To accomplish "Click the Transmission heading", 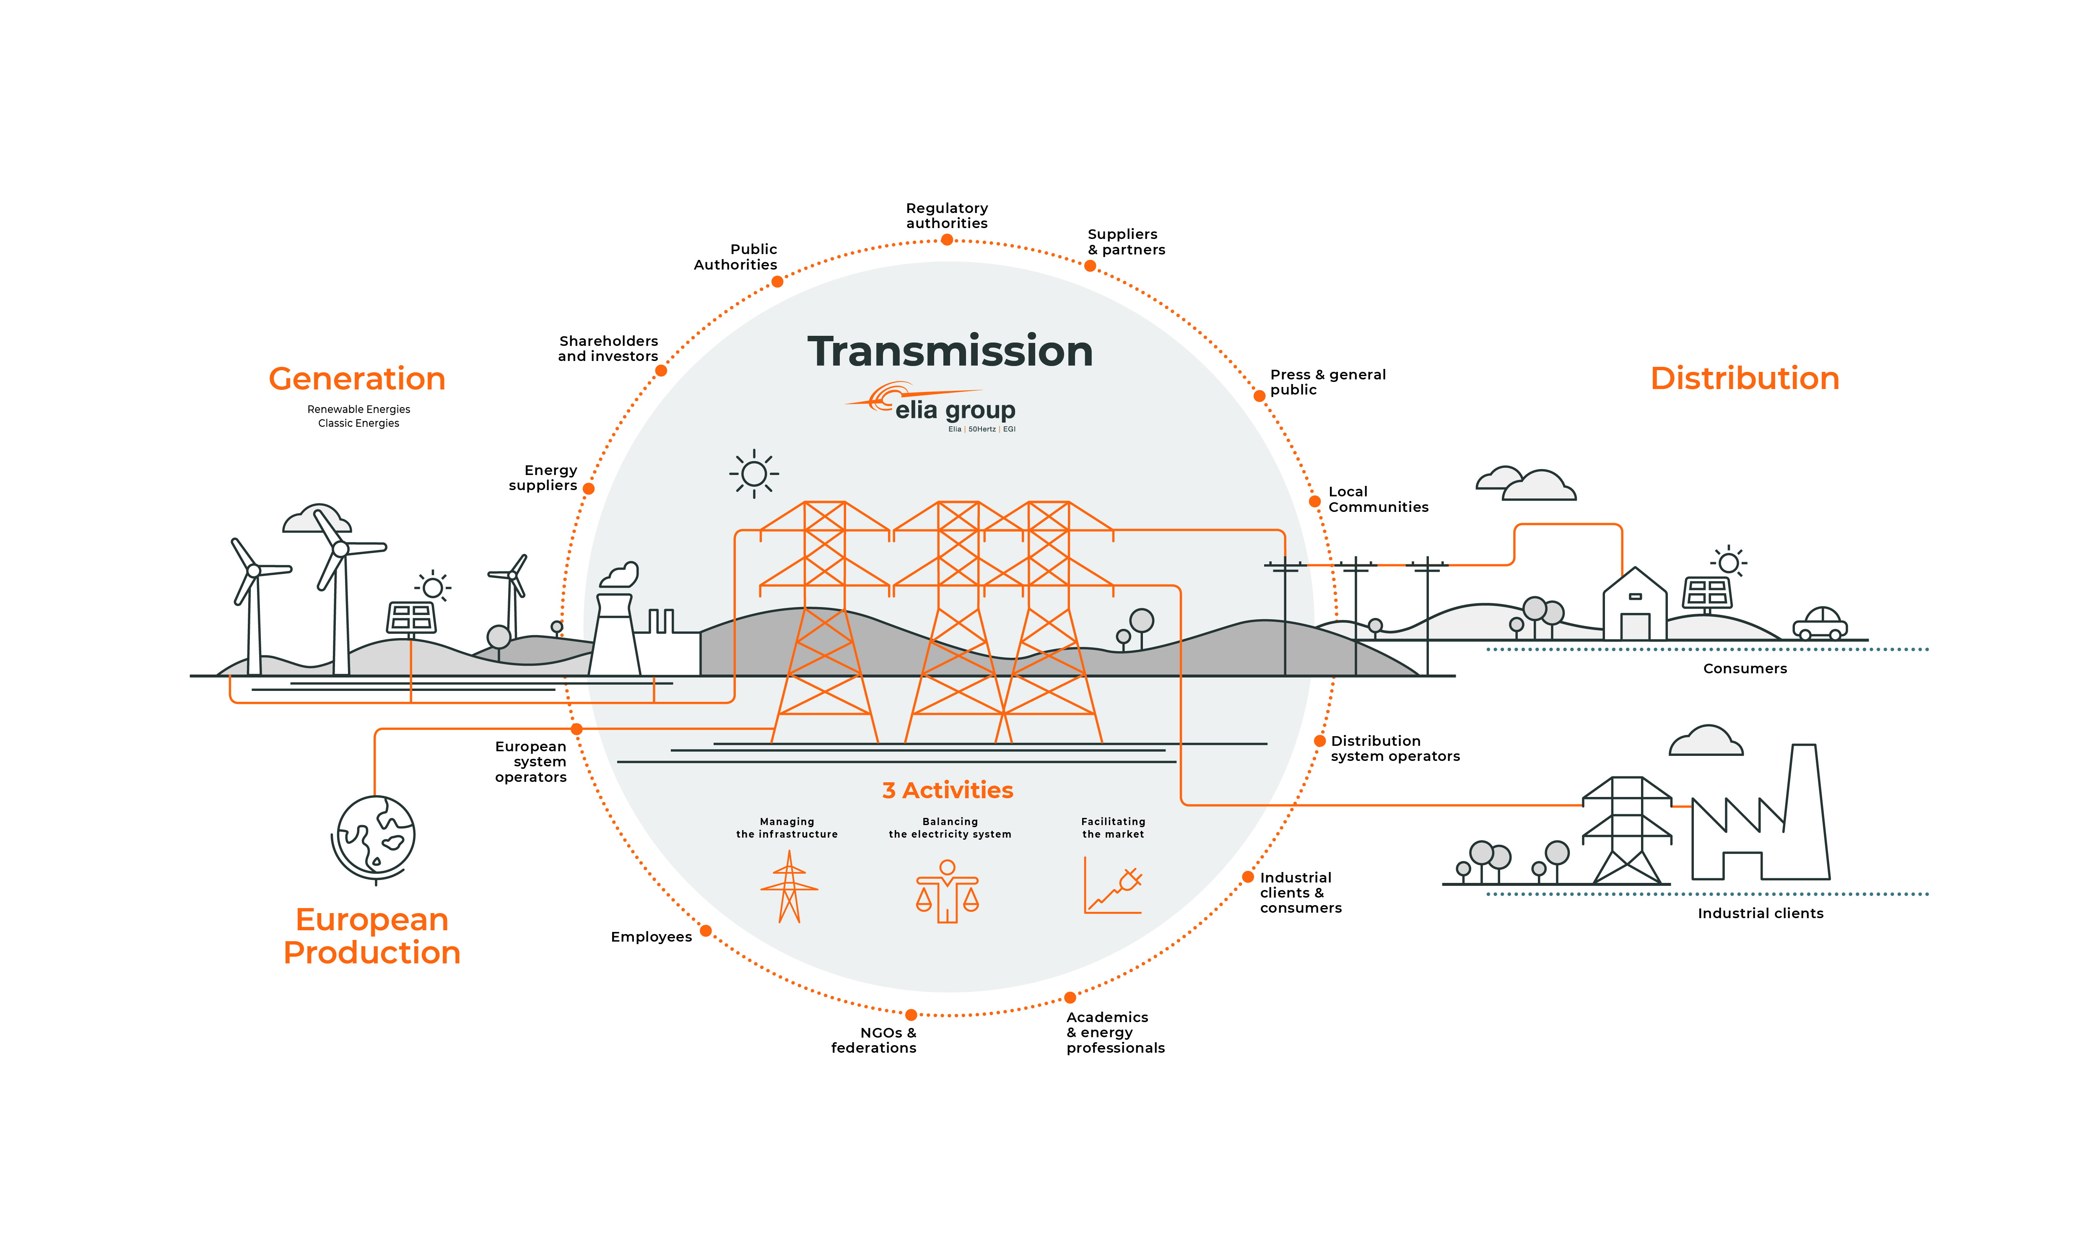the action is coord(950,351).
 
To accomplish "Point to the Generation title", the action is coord(357,379).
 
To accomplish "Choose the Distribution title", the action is coord(1745,378).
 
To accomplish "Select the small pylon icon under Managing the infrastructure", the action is coord(789,887).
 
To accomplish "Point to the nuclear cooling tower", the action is coord(615,634).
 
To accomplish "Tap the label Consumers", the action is coord(1745,668).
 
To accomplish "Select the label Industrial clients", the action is coord(1761,914).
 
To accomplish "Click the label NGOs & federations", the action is coord(874,1040).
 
